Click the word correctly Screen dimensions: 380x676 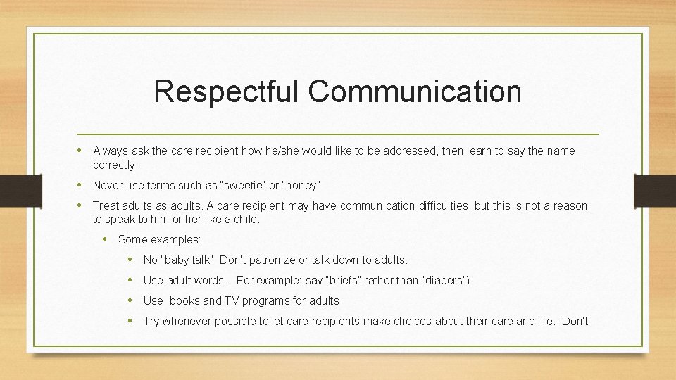[x=115, y=165]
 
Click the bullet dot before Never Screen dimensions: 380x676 [x=82, y=185]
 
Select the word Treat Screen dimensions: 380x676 [x=106, y=206]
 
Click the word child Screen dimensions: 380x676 [x=246, y=220]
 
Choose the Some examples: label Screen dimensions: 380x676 [x=159, y=240]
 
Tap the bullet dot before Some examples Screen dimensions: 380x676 [x=107, y=239]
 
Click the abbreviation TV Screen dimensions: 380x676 [x=232, y=301]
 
